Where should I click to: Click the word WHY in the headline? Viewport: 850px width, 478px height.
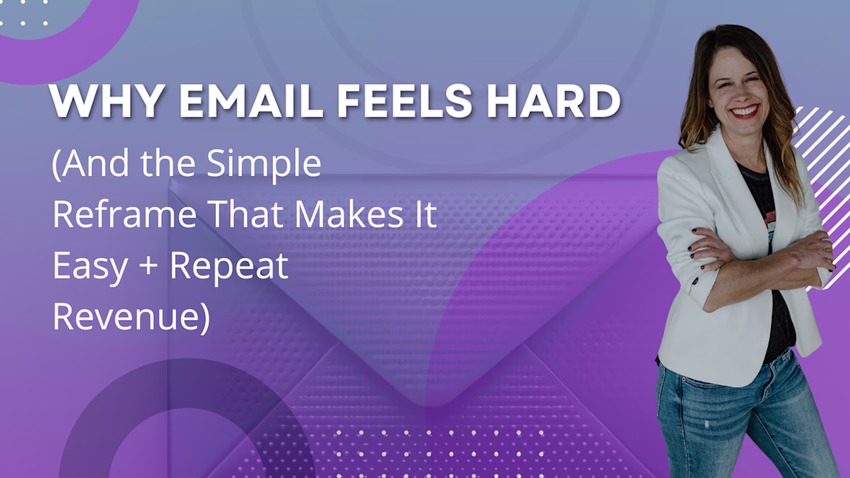coord(107,101)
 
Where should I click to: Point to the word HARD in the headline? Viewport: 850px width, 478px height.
coord(553,101)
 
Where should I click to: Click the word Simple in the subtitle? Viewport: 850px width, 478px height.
coord(264,164)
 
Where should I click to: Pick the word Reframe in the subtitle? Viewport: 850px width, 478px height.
coord(124,214)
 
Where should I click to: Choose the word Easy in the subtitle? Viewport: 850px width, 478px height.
coord(90,266)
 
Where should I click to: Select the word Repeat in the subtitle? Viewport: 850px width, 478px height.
coord(229,266)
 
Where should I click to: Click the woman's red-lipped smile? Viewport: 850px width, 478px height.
coord(744,112)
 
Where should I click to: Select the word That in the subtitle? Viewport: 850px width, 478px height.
coord(245,214)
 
